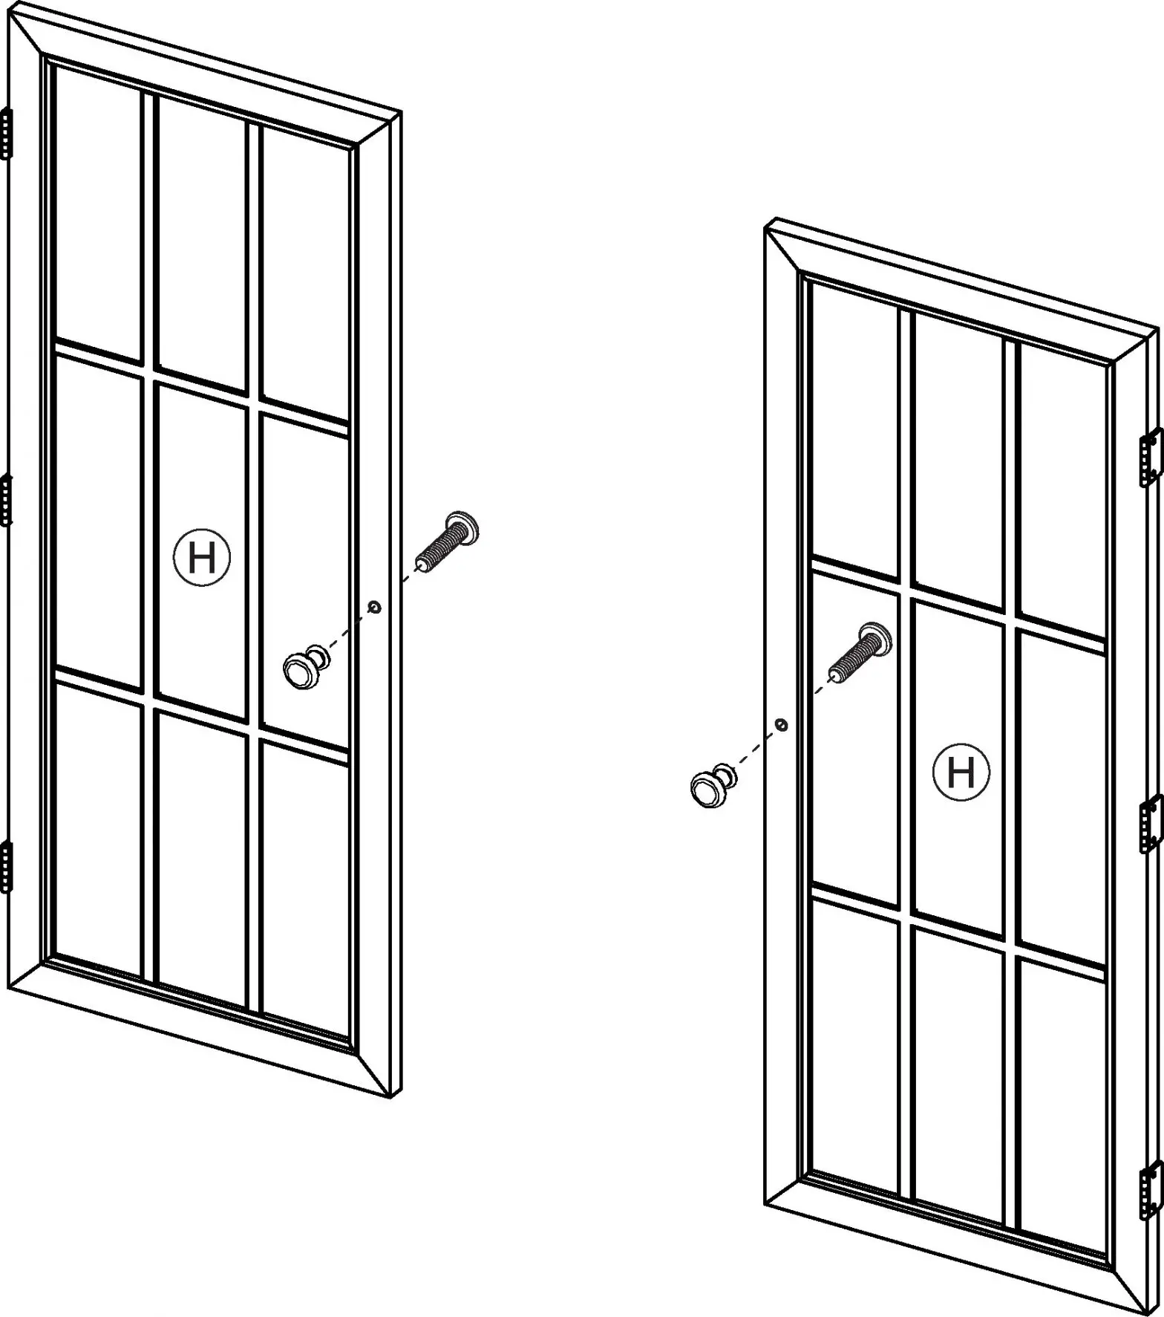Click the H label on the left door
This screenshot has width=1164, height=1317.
click(202, 558)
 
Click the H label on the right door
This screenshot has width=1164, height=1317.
click(961, 773)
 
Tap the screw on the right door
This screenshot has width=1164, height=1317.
click(860, 654)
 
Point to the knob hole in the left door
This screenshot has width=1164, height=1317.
click(375, 607)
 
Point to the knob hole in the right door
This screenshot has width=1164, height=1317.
click(781, 724)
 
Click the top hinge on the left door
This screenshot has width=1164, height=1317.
click(7, 134)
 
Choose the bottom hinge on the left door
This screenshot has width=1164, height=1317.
click(7, 866)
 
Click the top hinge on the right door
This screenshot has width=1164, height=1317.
click(1151, 458)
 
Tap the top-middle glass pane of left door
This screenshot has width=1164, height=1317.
click(201, 241)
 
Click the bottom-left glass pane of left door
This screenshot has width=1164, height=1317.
click(99, 828)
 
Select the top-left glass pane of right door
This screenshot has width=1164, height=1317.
click(854, 431)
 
